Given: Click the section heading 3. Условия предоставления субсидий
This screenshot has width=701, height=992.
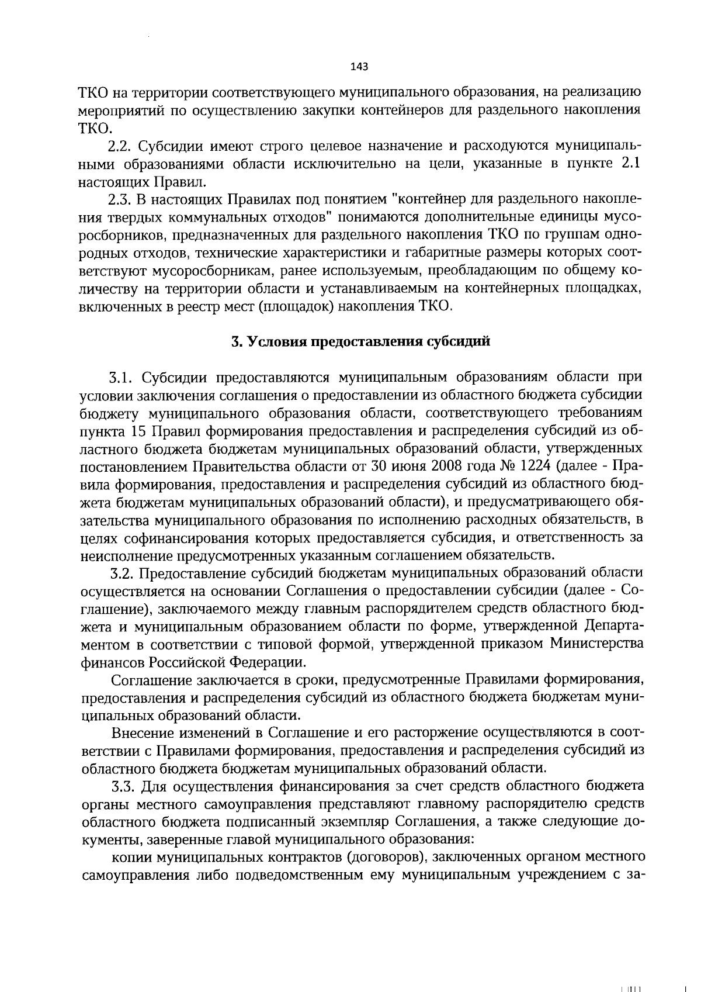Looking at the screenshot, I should coord(360,343).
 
